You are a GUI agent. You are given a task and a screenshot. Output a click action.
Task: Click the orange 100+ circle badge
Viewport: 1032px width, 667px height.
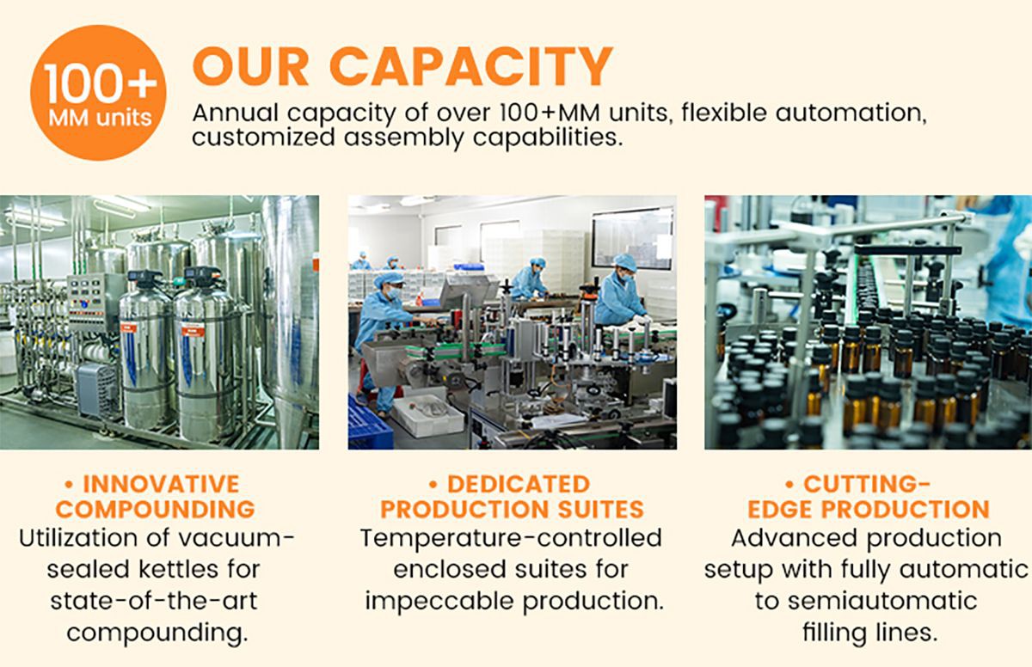[98, 93]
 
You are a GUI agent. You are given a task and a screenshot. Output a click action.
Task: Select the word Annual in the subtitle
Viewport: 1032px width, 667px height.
[236, 113]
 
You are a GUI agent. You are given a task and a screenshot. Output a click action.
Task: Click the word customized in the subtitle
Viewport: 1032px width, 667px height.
[263, 138]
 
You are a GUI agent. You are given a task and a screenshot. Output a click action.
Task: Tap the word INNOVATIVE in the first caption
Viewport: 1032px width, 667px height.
[161, 484]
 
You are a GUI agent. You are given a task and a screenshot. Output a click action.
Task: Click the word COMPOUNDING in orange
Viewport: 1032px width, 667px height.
[156, 509]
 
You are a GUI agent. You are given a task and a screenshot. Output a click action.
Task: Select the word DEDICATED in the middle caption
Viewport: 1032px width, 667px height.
[519, 484]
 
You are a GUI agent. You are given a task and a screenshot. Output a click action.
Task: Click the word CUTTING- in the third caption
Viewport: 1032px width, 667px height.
[867, 484]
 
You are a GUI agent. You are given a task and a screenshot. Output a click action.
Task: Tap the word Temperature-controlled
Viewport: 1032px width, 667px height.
[511, 538]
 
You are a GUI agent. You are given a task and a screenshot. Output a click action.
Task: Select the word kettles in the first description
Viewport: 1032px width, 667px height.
[179, 569]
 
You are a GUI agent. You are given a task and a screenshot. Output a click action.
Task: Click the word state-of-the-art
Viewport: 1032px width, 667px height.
[154, 601]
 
